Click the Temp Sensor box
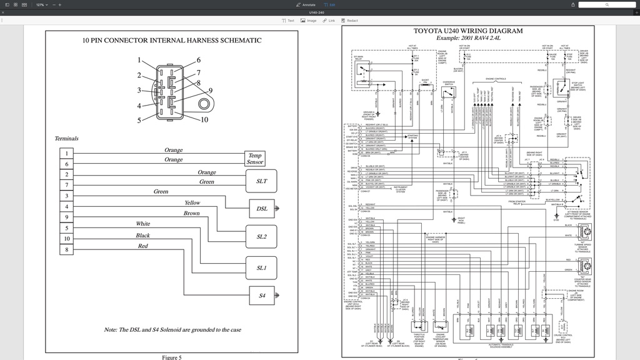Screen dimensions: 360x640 pyautogui.click(x=255, y=159)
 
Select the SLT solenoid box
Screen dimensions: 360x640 pyautogui.click(x=261, y=181)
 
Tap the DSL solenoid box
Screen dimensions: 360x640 pyautogui.click(x=261, y=209)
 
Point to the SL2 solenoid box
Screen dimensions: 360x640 pyautogui.click(x=261, y=237)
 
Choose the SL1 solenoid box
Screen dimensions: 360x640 pyautogui.click(x=261, y=267)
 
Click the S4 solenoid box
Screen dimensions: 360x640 pyautogui.click(x=261, y=296)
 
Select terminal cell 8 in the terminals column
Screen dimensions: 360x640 pyautogui.click(x=67, y=250)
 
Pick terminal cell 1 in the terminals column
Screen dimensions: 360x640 pyautogui.click(x=67, y=153)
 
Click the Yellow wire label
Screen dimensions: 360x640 pyautogui.click(x=192, y=202)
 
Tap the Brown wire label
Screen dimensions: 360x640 pyautogui.click(x=192, y=213)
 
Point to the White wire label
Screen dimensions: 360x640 pyautogui.click(x=143, y=224)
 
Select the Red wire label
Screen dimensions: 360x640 pyautogui.click(x=143, y=246)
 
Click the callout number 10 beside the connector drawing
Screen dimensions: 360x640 pyautogui.click(x=204, y=119)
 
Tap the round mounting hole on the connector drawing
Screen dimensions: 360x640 pyautogui.click(x=204, y=104)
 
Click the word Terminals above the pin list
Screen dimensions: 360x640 pyautogui.click(x=67, y=138)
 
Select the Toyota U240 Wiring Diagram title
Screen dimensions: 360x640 pyautogui.click(x=468, y=31)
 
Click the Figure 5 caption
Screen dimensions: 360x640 pyautogui.click(x=171, y=357)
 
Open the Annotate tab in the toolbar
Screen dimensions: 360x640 pyautogui.click(x=306, y=4)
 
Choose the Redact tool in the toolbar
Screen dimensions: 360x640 pyautogui.click(x=350, y=21)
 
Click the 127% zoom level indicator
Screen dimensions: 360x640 pyautogui.click(x=40, y=4)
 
